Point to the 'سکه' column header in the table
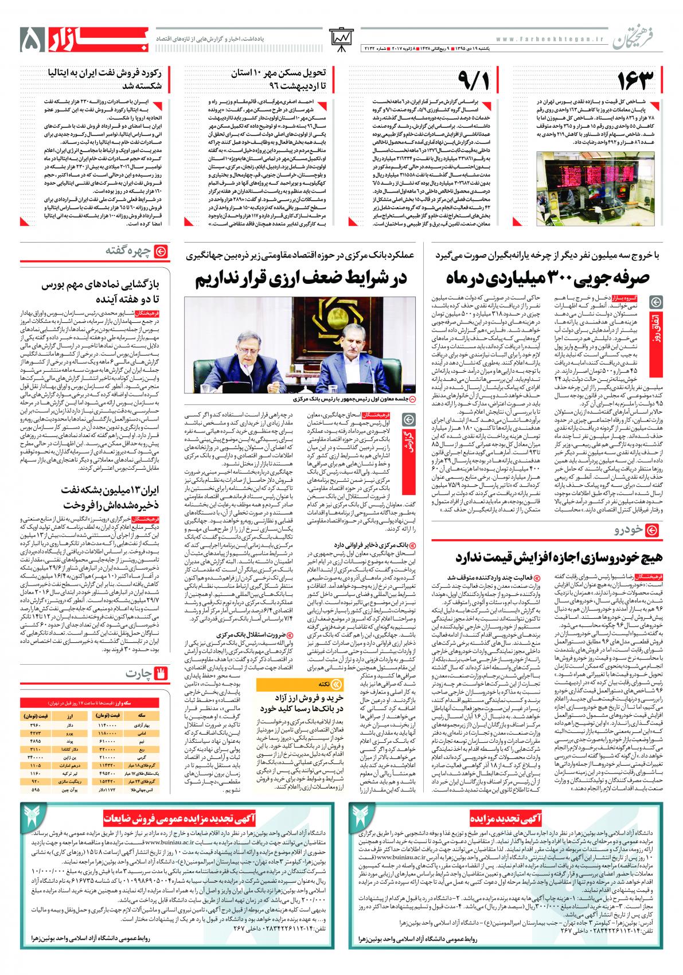(x=140, y=716)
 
